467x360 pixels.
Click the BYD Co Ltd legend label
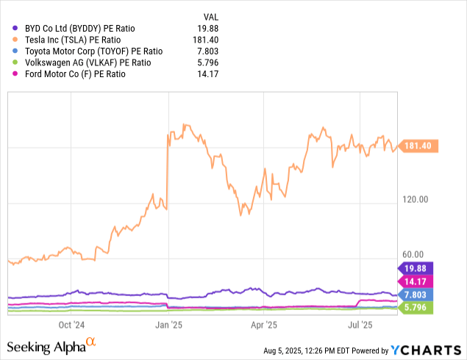tap(80, 29)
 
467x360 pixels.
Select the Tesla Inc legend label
tap(73, 40)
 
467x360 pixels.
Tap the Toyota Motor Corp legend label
tap(94, 51)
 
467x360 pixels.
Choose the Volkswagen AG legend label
tap(88, 62)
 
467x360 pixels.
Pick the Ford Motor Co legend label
tap(75, 74)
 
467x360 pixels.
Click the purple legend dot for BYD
tap(15, 28)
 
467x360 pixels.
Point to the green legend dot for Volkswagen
tap(15, 62)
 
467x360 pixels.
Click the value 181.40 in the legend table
tap(205, 40)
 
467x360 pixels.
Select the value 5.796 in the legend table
tap(208, 62)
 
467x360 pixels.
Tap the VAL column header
tap(211, 17)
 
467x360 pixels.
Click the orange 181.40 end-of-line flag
tap(418, 145)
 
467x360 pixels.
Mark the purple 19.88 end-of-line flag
tap(416, 268)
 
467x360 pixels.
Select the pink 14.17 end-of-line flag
tap(416, 281)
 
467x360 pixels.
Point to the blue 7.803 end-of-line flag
tap(416, 295)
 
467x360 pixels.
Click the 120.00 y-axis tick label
tap(416, 199)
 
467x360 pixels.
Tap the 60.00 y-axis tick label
tap(413, 255)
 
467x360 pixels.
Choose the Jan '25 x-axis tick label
tap(168, 325)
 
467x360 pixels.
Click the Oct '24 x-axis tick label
tap(71, 325)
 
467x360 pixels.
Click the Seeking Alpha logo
tap(51, 346)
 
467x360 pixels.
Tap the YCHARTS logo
tap(426, 350)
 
